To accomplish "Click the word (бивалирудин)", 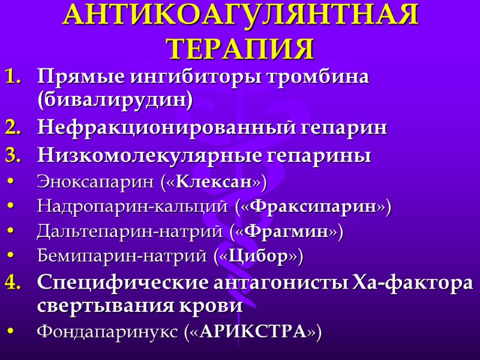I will click(124, 101).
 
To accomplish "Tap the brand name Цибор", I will click(258, 257).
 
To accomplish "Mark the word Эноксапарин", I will click(97, 181).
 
